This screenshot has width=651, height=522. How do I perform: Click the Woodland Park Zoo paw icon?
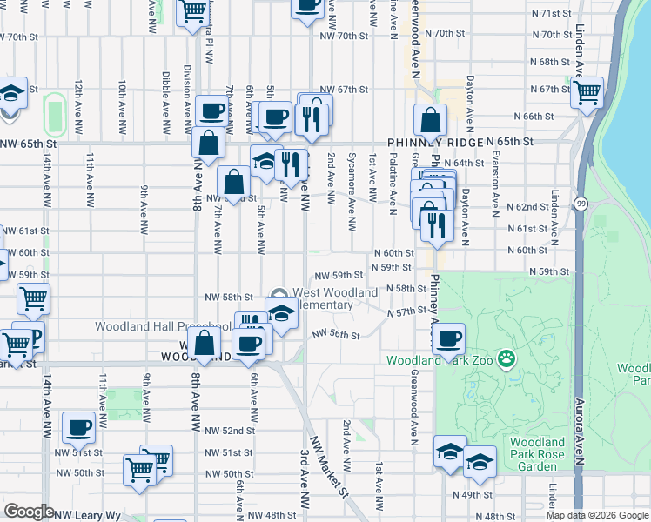[506, 359]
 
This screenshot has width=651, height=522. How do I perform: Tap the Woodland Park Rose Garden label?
[539, 454]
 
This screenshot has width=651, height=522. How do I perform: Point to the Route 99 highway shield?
[580, 203]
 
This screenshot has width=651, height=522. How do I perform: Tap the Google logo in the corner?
[30, 511]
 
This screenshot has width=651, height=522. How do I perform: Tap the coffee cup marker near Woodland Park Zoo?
[449, 338]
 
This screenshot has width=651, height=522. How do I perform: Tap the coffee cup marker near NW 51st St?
[79, 427]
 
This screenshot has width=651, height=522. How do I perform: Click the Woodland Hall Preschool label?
[164, 327]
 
